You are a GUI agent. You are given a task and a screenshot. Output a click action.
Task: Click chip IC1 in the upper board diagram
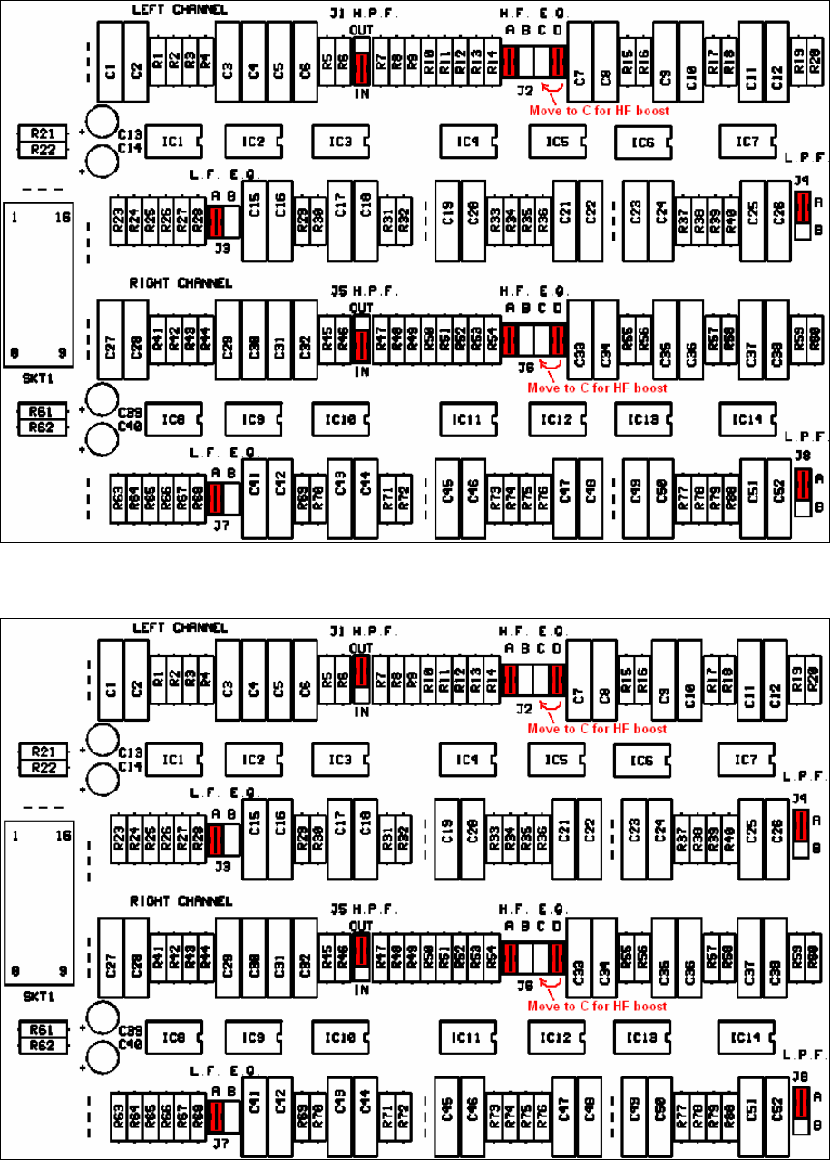[172, 142]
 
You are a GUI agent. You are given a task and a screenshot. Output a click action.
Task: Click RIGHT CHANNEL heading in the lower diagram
[181, 901]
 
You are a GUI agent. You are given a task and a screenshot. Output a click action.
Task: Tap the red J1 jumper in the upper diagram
[361, 66]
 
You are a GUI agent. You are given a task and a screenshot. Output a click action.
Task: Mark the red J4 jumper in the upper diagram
[801, 208]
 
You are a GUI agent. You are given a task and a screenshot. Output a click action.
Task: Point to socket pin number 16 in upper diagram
[62, 218]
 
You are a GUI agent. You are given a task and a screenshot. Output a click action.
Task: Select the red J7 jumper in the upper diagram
[216, 496]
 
